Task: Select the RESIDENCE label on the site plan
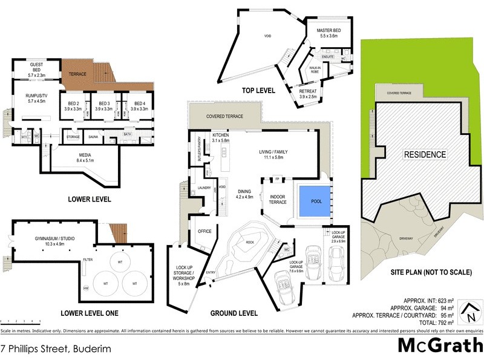pos(425,154)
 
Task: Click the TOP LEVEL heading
pos(258,91)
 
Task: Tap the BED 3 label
pos(104,103)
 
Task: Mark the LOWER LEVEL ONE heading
pos(90,313)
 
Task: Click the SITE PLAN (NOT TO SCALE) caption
pos(431,273)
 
